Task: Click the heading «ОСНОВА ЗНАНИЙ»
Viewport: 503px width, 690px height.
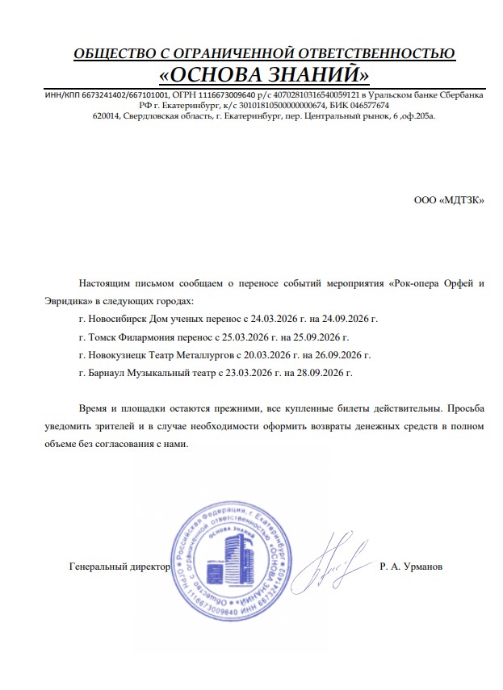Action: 264,75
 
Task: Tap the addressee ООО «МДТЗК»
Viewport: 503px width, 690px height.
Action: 450,200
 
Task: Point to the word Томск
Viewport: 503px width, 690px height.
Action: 103,337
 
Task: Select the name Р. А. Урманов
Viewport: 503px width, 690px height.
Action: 410,567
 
